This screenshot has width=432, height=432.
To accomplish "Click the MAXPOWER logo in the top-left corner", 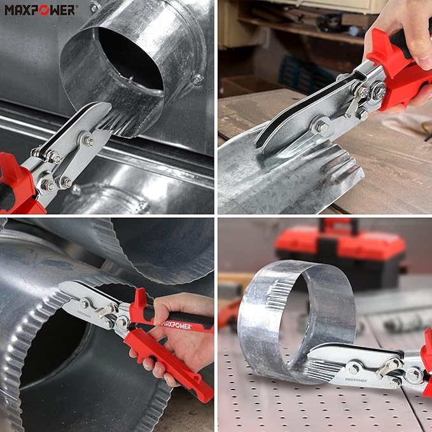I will click(x=40, y=10).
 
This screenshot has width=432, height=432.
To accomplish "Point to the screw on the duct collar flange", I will click(x=197, y=80).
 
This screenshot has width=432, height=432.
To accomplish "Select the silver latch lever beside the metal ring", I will click(x=387, y=366).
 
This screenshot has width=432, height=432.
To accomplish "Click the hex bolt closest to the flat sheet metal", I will click(x=322, y=127).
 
